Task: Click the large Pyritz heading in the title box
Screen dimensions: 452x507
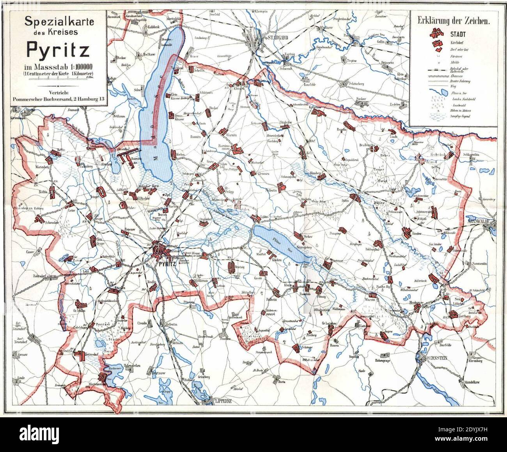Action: coord(58,49)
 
